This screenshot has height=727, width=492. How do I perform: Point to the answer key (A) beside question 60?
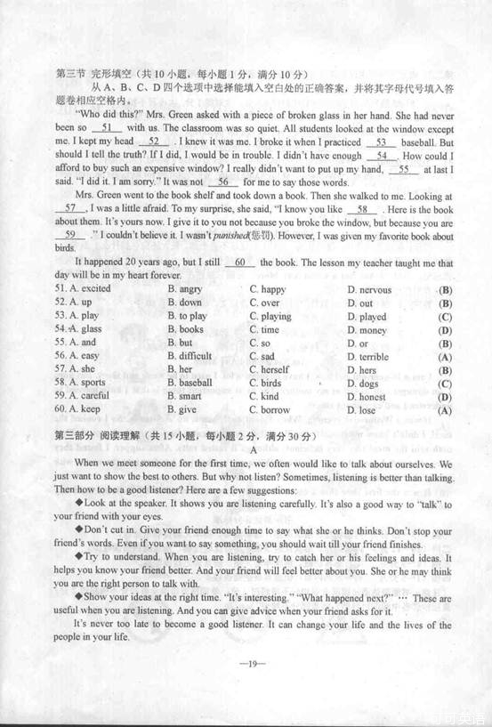(x=445, y=410)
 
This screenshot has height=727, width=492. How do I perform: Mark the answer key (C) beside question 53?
(x=445, y=317)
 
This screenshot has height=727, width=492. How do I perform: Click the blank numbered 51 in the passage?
(x=105, y=127)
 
